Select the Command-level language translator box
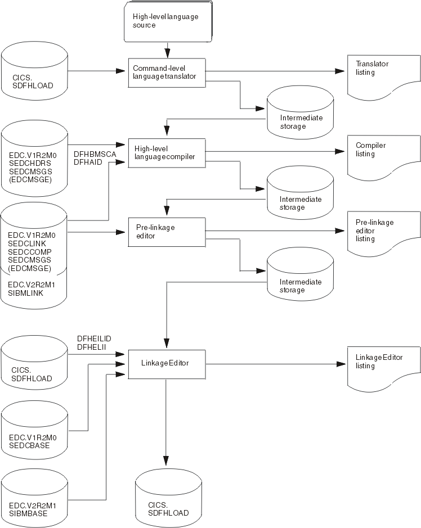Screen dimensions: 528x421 click(x=165, y=72)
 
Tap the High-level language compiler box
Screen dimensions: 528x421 click(x=165, y=152)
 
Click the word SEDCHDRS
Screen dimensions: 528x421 click(x=26, y=160)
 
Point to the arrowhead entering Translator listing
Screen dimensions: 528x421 click(x=339, y=72)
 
